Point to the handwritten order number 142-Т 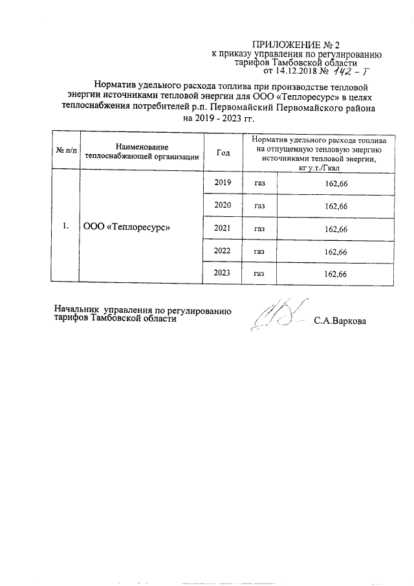pos(358,72)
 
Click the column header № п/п pos(65,152)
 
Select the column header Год pos(223,152)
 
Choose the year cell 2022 pos(223,250)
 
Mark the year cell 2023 pos(223,273)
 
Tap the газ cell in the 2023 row pos(260,274)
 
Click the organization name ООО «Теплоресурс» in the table pos(127,227)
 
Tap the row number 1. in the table pos(65,227)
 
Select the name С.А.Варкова pos(340,321)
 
